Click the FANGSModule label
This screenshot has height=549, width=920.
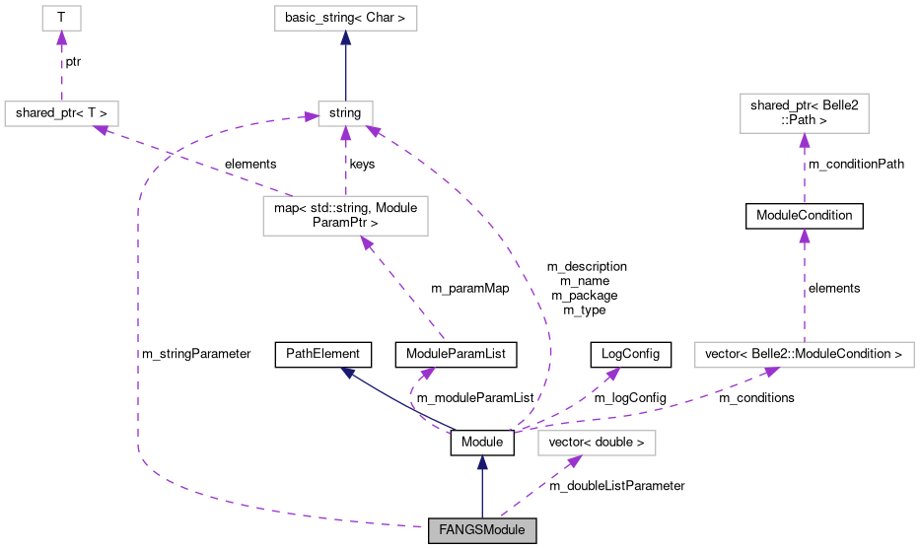tap(482, 530)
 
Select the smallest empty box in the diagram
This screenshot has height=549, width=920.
tap(61, 18)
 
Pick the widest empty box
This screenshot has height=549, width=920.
tap(804, 355)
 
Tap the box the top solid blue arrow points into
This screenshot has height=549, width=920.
tap(345, 18)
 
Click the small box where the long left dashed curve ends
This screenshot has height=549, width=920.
tap(345, 113)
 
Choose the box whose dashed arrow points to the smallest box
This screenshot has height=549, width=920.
tap(61, 113)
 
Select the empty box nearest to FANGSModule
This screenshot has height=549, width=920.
tap(597, 444)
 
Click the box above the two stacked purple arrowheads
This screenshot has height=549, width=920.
tap(804, 113)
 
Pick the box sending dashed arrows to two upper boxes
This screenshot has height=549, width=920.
tap(345, 216)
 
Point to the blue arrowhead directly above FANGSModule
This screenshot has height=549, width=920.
tap(482, 462)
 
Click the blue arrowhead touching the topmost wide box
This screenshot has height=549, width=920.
tap(346, 37)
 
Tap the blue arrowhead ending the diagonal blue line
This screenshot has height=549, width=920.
tap(347, 372)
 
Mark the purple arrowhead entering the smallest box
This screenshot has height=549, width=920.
tap(61, 38)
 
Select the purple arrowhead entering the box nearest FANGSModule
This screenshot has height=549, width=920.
tap(575, 460)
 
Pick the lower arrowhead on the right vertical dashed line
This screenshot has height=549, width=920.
tap(805, 237)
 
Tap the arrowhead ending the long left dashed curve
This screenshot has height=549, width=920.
tap(311, 117)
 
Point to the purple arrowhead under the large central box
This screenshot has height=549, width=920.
tap(366, 242)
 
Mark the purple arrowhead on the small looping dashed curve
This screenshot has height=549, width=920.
tap(427, 374)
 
